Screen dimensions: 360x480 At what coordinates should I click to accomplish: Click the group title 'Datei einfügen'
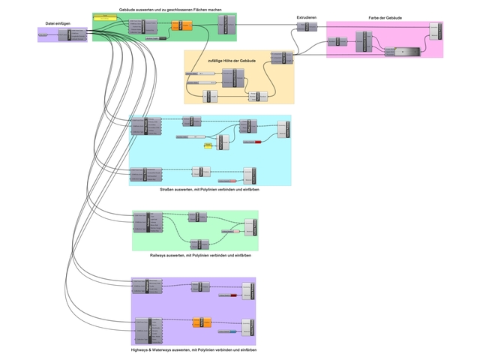(58, 24)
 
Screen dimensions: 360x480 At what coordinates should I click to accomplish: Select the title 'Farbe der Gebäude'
(384, 16)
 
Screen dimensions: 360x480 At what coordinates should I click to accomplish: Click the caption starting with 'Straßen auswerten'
(209, 190)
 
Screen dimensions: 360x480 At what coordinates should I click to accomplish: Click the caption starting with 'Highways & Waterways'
(193, 350)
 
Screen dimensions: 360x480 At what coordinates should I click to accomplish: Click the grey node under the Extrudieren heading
(302, 27)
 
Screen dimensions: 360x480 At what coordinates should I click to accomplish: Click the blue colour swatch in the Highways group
(234, 331)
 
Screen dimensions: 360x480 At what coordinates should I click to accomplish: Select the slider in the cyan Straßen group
(191, 137)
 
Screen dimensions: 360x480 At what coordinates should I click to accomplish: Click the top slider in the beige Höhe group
(199, 73)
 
